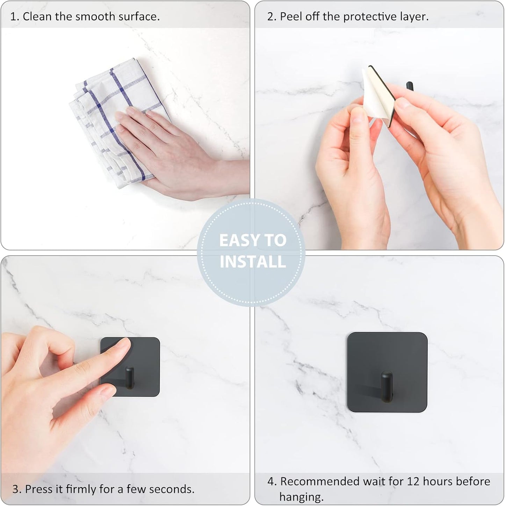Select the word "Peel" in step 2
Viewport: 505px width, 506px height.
291,16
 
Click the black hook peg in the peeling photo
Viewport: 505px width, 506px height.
410,89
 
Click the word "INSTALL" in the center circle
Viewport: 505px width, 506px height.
253,262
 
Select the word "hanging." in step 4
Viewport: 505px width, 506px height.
301,497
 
